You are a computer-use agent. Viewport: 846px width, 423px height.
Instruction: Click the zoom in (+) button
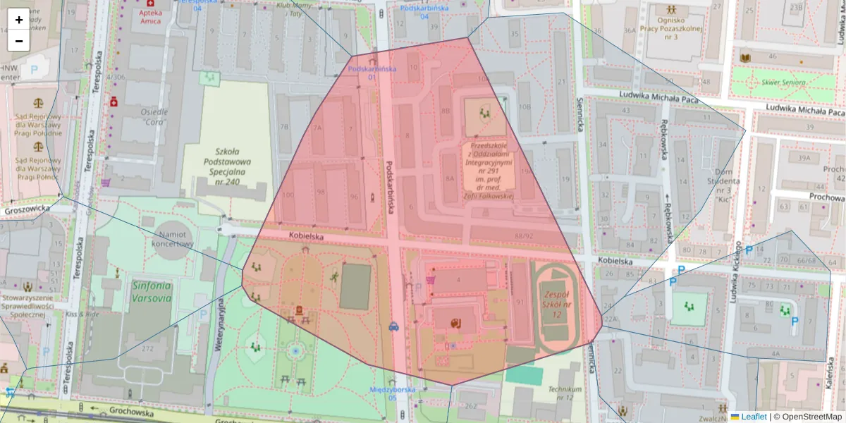tap(18, 20)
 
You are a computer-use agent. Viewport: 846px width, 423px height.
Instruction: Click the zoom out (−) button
tap(18, 41)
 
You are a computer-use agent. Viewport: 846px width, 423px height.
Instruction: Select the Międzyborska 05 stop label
tap(393, 393)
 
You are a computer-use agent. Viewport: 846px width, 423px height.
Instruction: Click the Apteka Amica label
tap(149, 17)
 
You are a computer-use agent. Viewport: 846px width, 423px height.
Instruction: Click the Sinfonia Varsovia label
tap(151, 292)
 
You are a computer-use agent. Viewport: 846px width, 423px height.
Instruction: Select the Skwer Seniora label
tap(784, 82)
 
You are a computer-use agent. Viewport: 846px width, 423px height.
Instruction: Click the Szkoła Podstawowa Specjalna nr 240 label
tap(227, 166)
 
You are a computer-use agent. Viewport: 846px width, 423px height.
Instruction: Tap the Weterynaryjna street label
tap(220, 325)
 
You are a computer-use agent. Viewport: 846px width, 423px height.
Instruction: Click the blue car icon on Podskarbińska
tap(393, 326)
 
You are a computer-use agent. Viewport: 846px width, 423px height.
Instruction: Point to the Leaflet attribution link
tap(753, 417)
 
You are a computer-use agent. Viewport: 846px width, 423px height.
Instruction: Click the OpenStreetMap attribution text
tap(811, 417)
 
